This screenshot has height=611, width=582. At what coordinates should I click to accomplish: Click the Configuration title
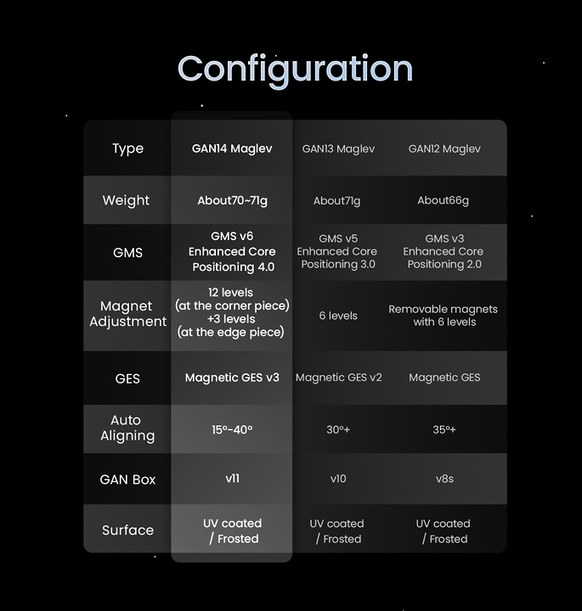pos(295,70)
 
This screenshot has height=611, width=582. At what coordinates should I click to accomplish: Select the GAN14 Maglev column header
pos(232,149)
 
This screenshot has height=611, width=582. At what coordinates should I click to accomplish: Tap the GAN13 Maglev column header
pos(338,149)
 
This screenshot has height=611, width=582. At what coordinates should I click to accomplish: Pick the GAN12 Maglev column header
pos(444,149)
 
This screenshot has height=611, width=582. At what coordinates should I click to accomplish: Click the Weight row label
pos(126,200)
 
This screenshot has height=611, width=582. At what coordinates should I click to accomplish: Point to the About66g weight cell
pos(444,200)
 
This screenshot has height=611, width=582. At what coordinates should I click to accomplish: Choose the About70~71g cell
pos(232,200)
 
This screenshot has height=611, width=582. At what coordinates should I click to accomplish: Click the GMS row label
pos(127,253)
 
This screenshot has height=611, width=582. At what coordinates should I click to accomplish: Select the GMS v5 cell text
pos(338,251)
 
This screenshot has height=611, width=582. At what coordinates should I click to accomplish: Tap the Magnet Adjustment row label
pos(127,314)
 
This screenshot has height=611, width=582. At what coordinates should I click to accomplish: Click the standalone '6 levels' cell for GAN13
pos(338,316)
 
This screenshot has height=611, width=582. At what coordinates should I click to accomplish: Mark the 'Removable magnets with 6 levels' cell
pos(444,316)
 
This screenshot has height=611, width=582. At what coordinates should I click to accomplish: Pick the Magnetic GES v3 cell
pos(232,378)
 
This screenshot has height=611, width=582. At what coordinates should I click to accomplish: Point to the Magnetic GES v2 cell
pos(339,378)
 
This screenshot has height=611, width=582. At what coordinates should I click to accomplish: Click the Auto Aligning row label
pos(127,428)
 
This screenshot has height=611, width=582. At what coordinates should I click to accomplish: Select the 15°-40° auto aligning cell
pos(232,429)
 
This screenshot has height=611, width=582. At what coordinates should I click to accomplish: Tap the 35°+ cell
pos(444,429)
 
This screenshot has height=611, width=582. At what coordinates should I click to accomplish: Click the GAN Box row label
pos(127,479)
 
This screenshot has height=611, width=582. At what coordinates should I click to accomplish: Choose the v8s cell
pos(444,479)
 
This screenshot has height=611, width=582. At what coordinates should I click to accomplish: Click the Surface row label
pos(127,530)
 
